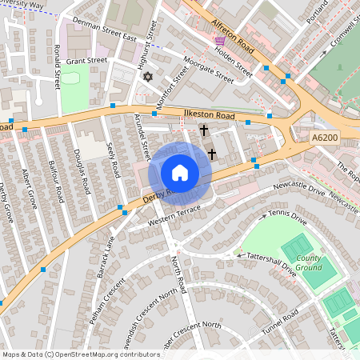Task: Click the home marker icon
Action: tap(180, 173)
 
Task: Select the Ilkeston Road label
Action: tap(210, 117)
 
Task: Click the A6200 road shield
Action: tap(324, 138)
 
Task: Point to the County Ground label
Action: tap(308, 263)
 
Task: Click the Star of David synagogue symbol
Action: tap(147, 78)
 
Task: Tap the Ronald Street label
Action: tap(57, 69)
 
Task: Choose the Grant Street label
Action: tap(86, 61)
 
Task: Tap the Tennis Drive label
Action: tap(287, 215)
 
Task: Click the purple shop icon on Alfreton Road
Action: tap(220, 40)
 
